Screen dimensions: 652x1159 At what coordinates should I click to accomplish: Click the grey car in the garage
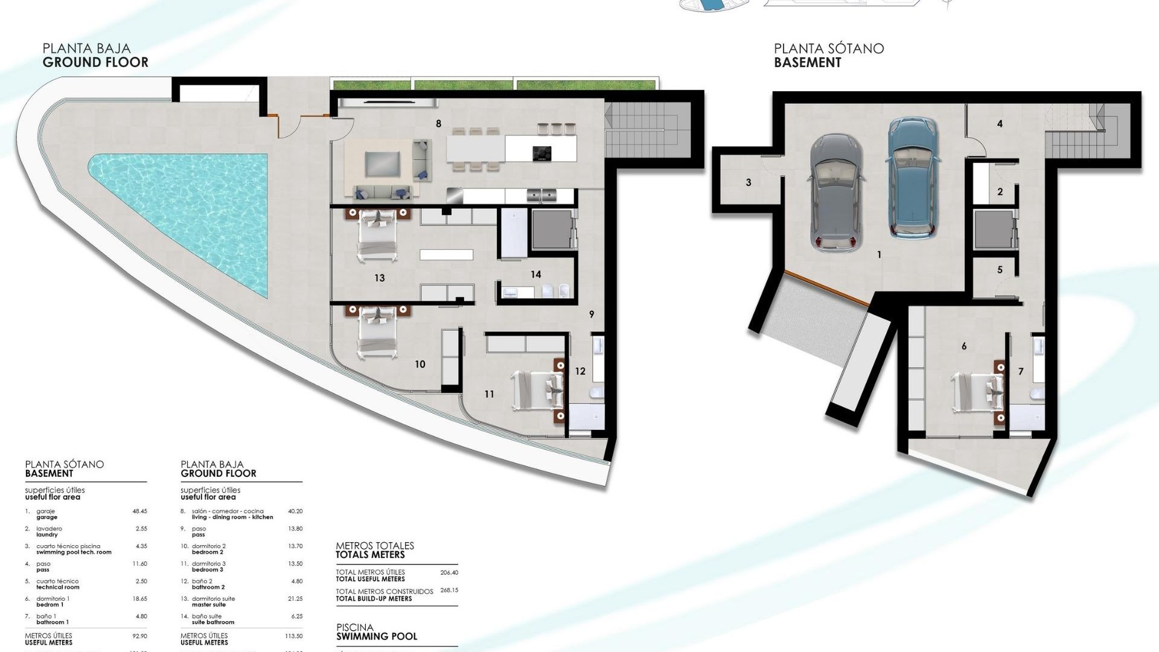point(836,193)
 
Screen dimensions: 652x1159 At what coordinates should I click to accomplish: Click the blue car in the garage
point(912,178)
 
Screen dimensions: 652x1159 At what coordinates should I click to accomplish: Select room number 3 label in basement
point(749,182)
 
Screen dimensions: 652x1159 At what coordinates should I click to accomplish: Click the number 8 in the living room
point(438,124)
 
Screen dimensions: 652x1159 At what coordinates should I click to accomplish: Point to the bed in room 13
point(378,235)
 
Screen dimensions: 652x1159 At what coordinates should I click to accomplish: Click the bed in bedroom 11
point(537,391)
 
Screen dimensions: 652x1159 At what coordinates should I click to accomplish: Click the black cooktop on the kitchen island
point(541,153)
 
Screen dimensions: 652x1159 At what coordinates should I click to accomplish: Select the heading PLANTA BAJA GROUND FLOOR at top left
point(95,56)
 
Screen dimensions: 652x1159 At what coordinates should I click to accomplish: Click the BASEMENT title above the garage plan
point(807,62)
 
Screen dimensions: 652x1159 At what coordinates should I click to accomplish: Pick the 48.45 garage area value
point(139,511)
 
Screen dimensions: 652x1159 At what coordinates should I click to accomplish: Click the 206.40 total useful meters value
point(449,572)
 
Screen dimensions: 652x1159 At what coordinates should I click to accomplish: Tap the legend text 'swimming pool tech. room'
point(74,552)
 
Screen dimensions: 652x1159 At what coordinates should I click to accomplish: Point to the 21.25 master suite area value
point(295,599)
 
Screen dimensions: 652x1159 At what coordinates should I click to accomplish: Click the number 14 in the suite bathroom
point(535,275)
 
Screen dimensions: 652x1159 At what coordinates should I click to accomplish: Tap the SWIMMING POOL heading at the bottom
point(377,636)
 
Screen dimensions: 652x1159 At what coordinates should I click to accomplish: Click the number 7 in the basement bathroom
point(1021,371)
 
